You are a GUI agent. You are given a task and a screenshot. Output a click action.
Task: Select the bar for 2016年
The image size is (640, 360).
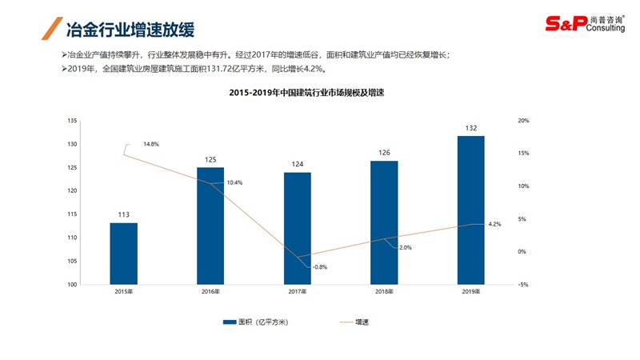[x=210, y=226]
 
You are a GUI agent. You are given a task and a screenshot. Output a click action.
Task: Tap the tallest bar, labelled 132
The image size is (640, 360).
[x=470, y=210]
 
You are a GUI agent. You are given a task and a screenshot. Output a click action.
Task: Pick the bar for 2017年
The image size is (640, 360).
[x=297, y=228]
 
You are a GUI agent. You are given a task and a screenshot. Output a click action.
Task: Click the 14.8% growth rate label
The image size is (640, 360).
[x=150, y=145]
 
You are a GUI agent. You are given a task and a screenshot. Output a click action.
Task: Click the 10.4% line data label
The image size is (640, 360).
[x=234, y=183]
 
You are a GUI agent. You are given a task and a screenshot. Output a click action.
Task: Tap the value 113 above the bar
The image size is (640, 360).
[x=123, y=215]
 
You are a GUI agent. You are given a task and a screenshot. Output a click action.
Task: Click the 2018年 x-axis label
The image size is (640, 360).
[x=384, y=292]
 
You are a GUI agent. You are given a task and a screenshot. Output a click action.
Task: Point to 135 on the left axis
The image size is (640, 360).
[x=72, y=121]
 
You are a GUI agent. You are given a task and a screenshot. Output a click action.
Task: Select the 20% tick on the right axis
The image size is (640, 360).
[x=524, y=121]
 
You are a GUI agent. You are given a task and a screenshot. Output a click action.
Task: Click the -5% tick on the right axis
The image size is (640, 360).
[x=523, y=285]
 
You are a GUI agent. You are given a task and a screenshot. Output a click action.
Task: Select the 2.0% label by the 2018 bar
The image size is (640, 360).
[x=405, y=248]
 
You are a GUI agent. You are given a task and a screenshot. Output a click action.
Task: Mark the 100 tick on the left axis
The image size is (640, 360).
[x=72, y=285]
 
